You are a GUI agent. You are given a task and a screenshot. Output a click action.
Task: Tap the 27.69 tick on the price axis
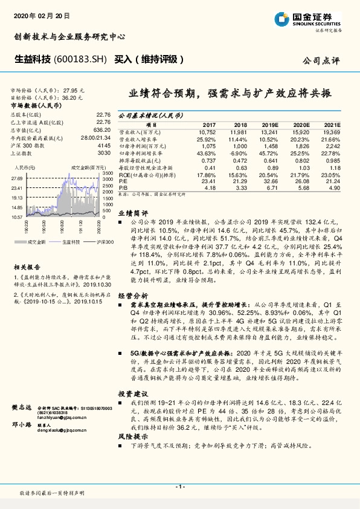[16, 178]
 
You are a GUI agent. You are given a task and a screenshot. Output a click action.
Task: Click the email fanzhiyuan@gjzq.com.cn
[62, 417]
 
